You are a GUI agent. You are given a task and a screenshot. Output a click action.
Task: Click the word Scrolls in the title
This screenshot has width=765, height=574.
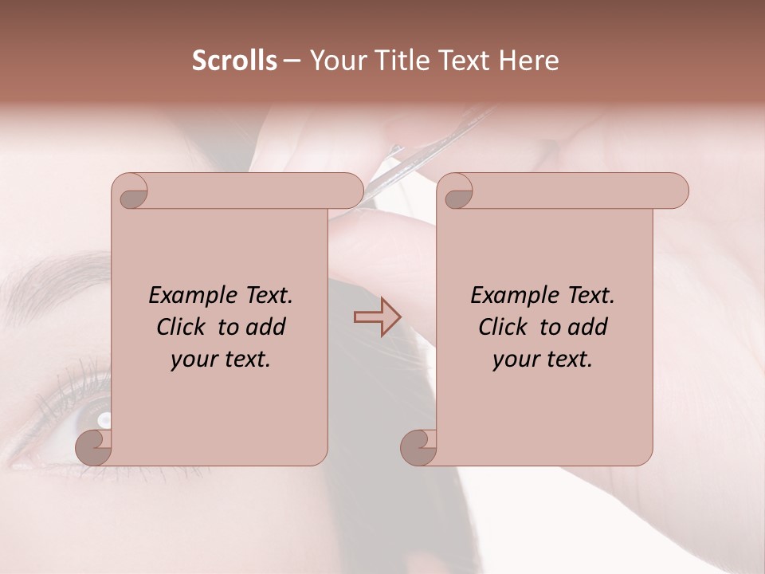coord(234,61)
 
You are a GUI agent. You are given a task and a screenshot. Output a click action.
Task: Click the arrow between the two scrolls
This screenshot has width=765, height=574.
coord(377,317)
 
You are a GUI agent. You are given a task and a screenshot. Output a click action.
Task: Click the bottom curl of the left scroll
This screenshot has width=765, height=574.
coord(94,447)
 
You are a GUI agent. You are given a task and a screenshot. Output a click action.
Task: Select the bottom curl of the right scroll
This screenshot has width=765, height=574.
coord(419,447)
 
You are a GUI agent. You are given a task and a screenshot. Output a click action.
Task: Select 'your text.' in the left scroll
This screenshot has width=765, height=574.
coord(221,360)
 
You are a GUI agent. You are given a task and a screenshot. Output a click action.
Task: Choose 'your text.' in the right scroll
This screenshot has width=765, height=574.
coord(543,360)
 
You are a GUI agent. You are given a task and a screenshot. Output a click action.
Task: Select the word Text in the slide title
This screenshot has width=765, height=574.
coord(462,61)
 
